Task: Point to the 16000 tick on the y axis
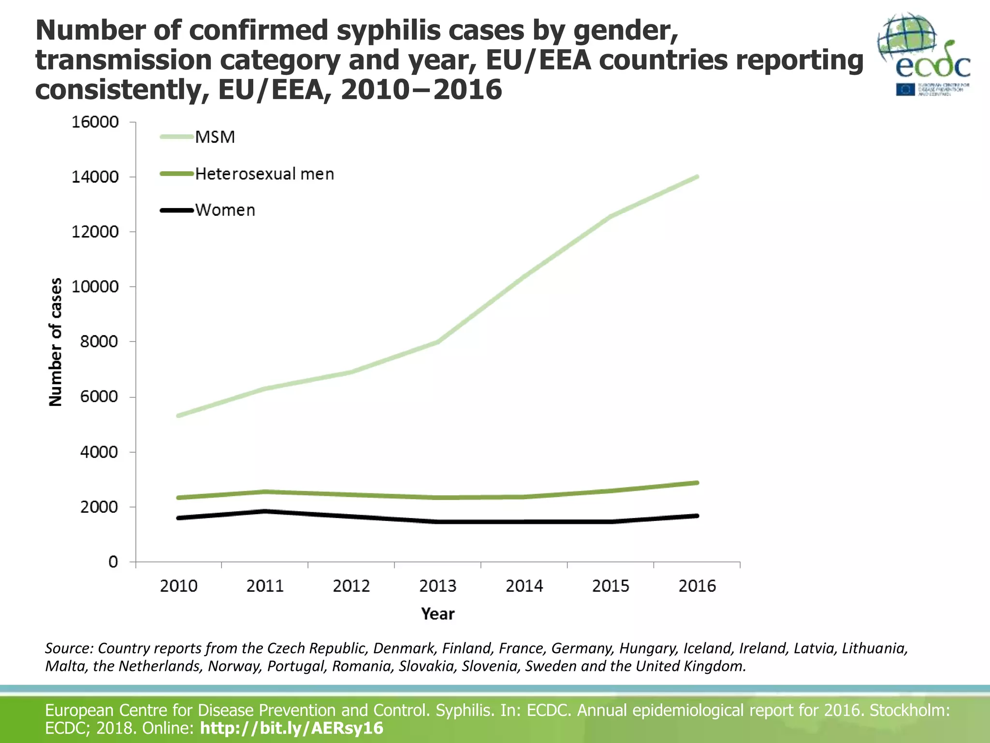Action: click(x=95, y=122)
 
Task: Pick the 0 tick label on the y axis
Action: click(x=113, y=562)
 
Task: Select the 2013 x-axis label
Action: click(x=437, y=586)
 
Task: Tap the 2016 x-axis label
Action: click(x=697, y=586)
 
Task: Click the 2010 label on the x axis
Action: click(x=178, y=586)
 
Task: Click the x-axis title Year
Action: click(x=437, y=613)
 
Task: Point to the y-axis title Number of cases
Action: click(x=56, y=342)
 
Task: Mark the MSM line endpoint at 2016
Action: click(x=697, y=177)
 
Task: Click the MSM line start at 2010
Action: click(x=178, y=416)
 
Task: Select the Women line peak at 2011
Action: click(x=265, y=511)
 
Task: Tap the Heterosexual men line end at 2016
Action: click(x=697, y=483)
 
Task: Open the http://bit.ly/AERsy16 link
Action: click(x=291, y=728)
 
